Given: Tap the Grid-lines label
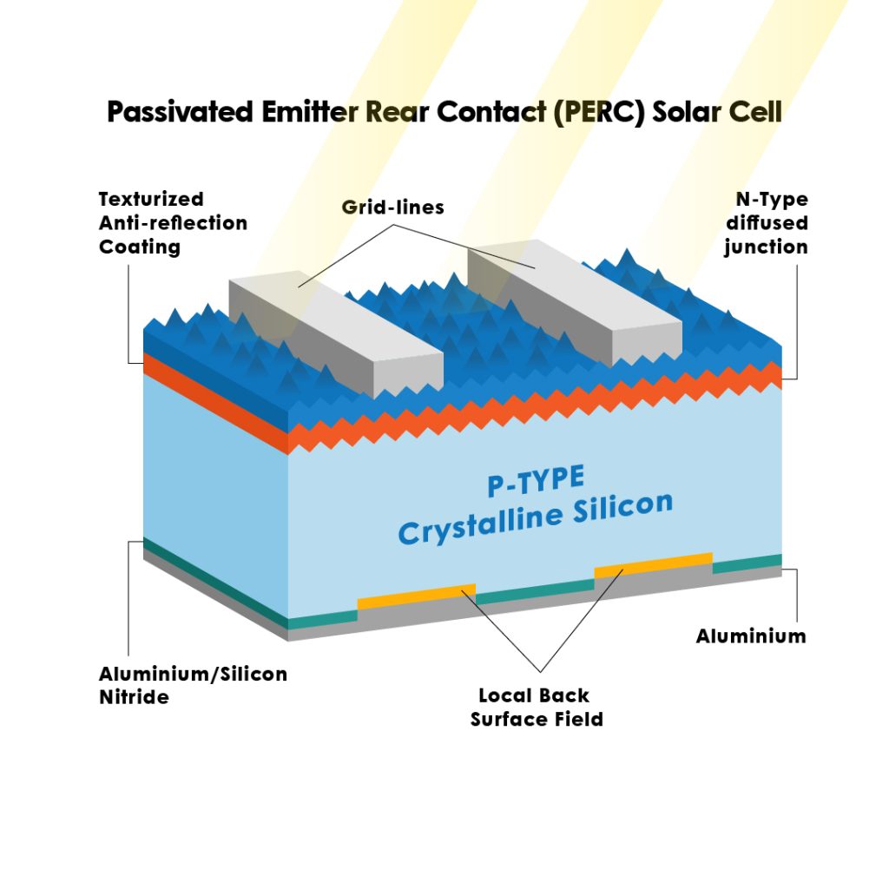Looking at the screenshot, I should click(x=392, y=207).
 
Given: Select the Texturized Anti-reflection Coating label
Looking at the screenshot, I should click(x=173, y=223).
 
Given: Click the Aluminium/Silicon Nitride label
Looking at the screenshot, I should click(x=193, y=685).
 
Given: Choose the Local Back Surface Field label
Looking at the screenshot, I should click(x=537, y=707).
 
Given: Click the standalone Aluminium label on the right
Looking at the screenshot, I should click(x=751, y=636).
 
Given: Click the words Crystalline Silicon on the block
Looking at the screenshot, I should click(x=535, y=519).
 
